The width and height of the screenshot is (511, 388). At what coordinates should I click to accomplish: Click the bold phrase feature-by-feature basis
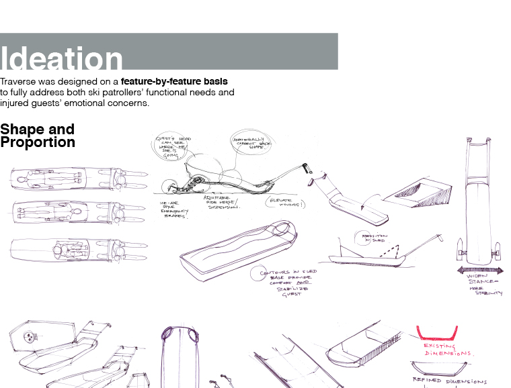tap(174, 81)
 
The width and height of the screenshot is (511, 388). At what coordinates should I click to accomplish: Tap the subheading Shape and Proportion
tap(38, 136)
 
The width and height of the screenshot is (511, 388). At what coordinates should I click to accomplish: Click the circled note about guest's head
tap(173, 147)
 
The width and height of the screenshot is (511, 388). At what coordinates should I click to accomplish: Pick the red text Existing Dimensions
tap(448, 350)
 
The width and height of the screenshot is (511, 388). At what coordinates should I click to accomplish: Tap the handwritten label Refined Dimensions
tap(448, 381)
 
